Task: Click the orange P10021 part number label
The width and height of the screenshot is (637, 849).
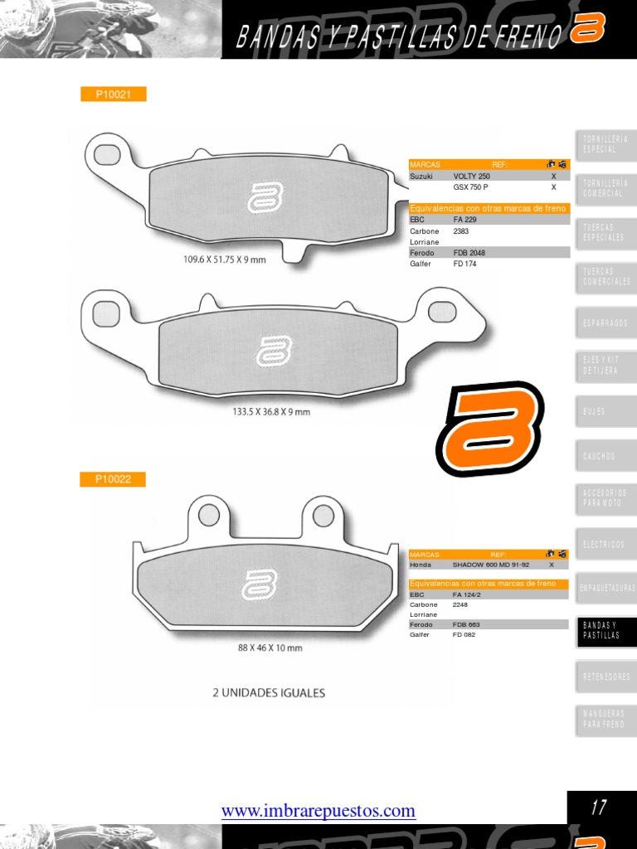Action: [x=113, y=95]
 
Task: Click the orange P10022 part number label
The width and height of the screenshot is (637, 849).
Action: [x=113, y=479]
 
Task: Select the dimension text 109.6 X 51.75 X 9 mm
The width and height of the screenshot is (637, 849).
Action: [x=225, y=260]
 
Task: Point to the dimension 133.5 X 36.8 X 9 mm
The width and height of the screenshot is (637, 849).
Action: [x=271, y=411]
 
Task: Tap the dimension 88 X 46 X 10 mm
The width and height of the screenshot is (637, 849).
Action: [x=270, y=648]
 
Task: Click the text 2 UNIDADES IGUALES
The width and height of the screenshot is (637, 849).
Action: [x=269, y=692]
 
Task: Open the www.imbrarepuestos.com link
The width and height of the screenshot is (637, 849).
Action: [x=318, y=811]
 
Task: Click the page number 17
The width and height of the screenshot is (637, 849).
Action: [x=599, y=808]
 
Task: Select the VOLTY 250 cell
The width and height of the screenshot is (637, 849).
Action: [x=472, y=177]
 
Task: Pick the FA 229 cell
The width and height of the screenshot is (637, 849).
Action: [x=465, y=220]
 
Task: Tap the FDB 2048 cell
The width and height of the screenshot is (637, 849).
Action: [x=469, y=252]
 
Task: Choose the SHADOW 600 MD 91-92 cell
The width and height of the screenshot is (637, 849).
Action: [x=490, y=565]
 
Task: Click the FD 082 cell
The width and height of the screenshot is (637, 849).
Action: [x=464, y=635]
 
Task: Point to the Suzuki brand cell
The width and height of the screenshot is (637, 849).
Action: [x=421, y=177]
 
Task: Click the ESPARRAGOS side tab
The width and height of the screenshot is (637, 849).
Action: [x=605, y=323]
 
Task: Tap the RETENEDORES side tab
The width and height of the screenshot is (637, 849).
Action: [x=605, y=677]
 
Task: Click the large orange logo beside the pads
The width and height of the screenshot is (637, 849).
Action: [x=489, y=429]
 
